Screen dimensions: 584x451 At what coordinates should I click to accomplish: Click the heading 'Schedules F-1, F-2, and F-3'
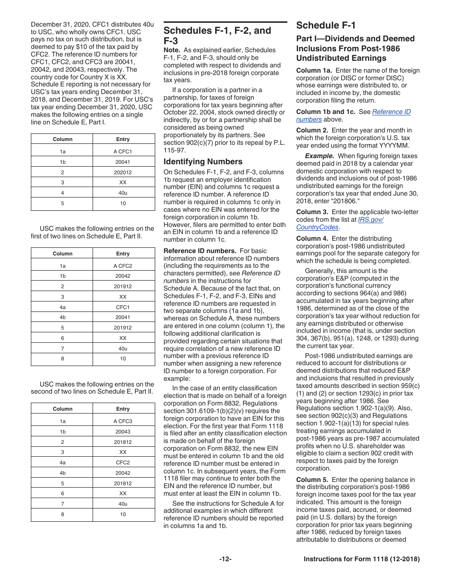tap(217, 36)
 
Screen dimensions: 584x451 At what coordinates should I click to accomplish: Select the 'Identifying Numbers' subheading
tap(203, 161)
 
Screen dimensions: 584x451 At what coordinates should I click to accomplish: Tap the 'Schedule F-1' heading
tap(326, 26)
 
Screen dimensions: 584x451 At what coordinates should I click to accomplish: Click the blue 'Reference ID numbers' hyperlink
tap(391, 112)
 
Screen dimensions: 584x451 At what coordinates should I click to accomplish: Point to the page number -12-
tap(225, 559)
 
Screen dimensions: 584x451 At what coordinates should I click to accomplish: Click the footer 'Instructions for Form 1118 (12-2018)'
tap(362, 559)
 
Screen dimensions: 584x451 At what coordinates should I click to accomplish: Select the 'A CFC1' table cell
tap(123, 151)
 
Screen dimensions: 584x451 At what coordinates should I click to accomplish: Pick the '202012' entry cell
tap(123, 172)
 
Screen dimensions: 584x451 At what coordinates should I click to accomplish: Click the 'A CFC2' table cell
tap(123, 266)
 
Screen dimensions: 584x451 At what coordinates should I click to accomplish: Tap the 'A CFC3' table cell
tap(123, 421)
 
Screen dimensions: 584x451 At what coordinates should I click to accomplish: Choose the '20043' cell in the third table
tap(123, 432)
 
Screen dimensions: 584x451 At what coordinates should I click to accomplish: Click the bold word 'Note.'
tap(172, 50)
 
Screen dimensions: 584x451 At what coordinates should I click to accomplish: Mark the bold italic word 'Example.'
tap(319, 156)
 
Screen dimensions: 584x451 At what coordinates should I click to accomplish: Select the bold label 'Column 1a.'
tap(314, 70)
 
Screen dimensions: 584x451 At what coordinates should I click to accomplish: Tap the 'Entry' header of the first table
tap(123, 139)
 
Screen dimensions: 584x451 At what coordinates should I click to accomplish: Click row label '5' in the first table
tap(62, 203)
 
